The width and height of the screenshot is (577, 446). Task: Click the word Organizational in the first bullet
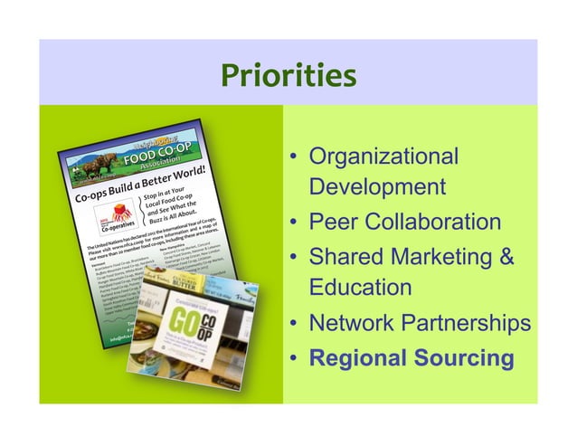383,156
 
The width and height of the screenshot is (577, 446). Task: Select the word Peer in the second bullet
336,222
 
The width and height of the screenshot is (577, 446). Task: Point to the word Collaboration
437,222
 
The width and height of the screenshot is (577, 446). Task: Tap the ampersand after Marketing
506,256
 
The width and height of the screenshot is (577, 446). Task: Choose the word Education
360,289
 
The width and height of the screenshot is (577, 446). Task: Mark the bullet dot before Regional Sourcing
295,359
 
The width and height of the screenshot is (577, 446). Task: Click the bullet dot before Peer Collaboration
295,223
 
